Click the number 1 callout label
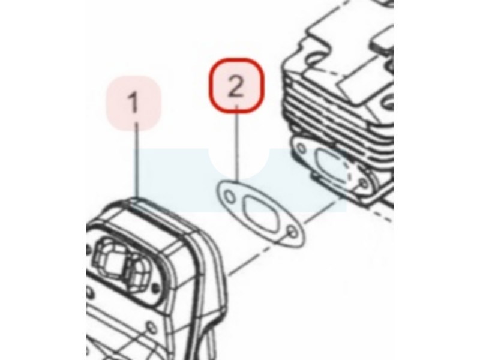click(x=133, y=103)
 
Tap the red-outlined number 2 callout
click(x=236, y=85)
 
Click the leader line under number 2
click(x=236, y=143)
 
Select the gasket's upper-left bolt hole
click(x=229, y=196)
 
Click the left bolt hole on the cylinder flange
click(x=302, y=149)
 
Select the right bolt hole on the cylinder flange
click(x=364, y=184)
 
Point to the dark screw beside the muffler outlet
click(x=157, y=287)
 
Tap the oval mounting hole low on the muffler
click(x=151, y=326)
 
